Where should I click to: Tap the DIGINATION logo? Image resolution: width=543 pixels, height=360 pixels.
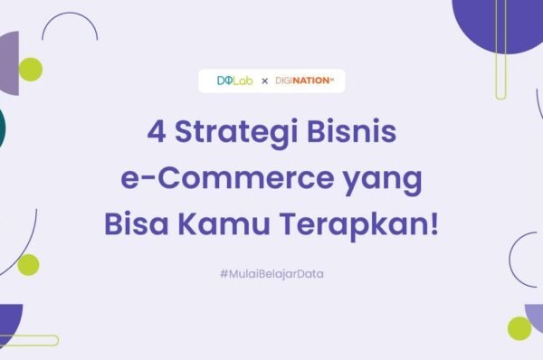[304, 81]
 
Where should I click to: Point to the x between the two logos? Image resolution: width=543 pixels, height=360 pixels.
[264, 81]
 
